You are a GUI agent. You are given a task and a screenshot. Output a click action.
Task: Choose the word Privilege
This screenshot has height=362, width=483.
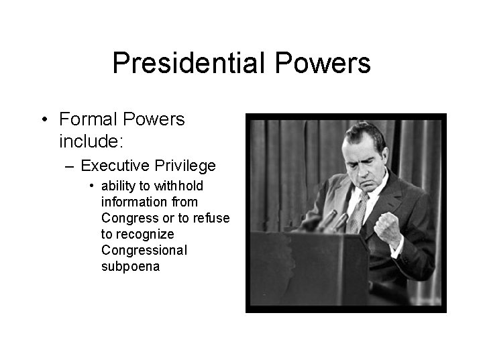pos(186,166)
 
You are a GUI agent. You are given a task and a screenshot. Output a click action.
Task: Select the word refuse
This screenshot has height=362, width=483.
pos(212,218)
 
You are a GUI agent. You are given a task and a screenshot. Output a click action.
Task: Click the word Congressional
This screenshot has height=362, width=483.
pos(144,250)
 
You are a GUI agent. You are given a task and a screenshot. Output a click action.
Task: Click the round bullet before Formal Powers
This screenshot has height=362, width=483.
pos(44,121)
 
